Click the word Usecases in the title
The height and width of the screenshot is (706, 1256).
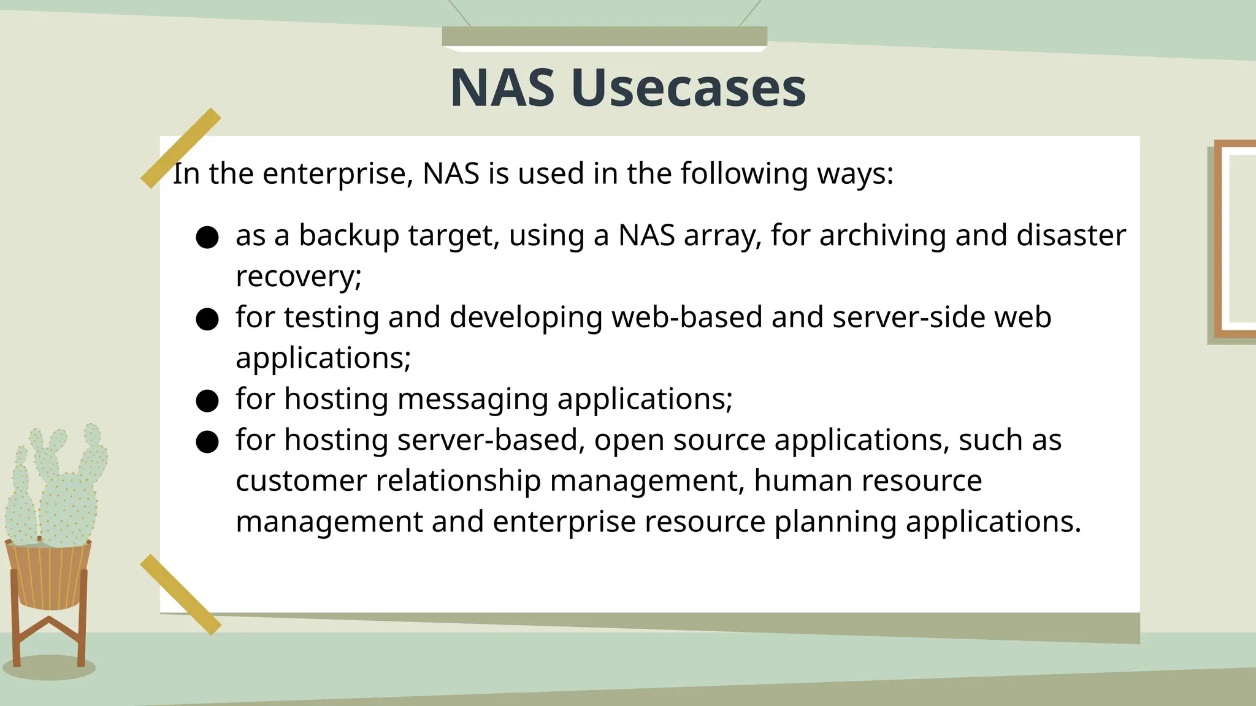pos(688,88)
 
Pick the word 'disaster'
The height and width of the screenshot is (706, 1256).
pos(1071,236)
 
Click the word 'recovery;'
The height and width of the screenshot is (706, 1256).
pos(299,277)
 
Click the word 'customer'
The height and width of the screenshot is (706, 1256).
pos(301,480)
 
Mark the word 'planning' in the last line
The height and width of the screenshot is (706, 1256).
pos(835,522)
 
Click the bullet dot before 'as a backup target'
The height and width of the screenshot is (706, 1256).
pos(207,237)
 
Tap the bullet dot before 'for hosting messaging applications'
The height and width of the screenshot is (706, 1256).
pos(207,401)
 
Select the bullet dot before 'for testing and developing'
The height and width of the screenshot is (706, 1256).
pos(207,319)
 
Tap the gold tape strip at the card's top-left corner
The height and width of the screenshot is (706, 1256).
pos(180,148)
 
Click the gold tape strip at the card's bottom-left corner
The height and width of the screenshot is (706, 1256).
pos(180,594)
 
